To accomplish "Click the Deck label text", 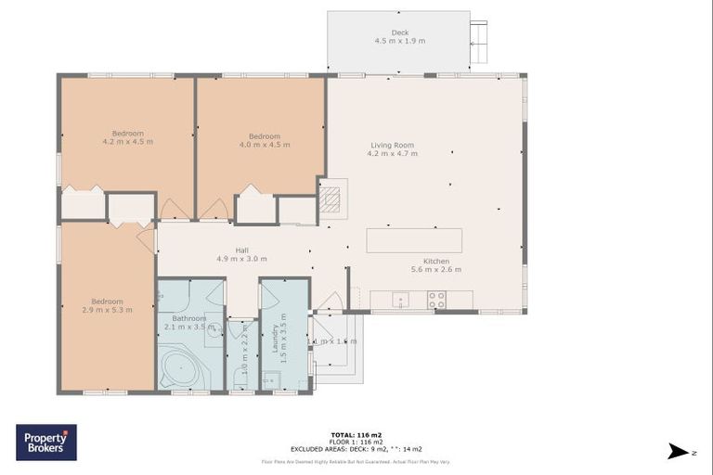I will tap(397, 32).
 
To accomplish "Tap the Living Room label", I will tap(392, 145).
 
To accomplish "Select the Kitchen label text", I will tap(436, 260).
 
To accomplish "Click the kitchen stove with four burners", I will tap(435, 300).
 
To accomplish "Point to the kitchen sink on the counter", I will tap(398, 300).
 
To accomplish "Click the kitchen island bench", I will tap(414, 240).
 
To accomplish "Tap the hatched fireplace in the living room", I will tap(331, 198).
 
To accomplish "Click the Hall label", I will tap(241, 250).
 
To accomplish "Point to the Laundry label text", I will tap(275, 339).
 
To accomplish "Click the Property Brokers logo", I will tap(46, 442).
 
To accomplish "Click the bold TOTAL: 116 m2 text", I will tap(356, 434).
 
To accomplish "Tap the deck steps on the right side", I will tap(478, 42).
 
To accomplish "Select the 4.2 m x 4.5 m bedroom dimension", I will tap(127, 142).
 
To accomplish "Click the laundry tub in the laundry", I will tap(270, 379).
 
